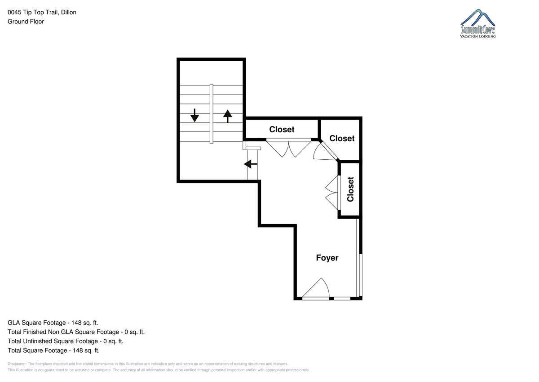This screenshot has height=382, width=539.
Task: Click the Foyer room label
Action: point(327,258)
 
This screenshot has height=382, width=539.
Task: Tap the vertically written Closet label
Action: point(350,189)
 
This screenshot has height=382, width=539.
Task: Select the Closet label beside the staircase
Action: point(282,130)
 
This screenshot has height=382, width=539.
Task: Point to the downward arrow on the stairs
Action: point(194,115)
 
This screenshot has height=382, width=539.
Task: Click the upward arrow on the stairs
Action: point(227,117)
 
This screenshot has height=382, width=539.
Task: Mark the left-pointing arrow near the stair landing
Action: point(251,164)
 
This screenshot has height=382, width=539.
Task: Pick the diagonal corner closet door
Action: point(329,151)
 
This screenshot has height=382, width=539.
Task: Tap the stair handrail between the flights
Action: point(211,114)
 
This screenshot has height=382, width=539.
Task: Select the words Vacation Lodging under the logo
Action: point(477,36)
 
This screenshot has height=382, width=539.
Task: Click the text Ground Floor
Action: point(26,22)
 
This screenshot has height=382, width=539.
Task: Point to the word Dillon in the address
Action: point(69,12)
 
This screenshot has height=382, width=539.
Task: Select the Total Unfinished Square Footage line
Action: point(66,341)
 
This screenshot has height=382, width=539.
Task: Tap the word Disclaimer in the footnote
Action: point(17,364)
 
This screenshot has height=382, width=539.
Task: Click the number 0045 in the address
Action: point(14,12)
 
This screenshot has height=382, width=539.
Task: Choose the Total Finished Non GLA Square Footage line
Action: point(76,332)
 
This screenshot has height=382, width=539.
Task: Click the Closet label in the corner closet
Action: point(342,138)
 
